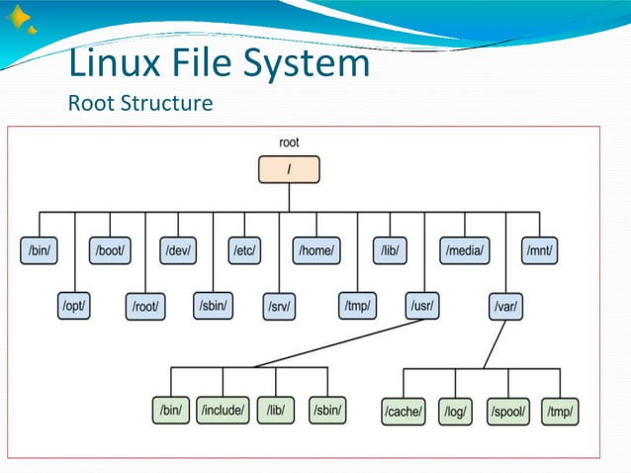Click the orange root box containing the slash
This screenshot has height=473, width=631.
coord(289,169)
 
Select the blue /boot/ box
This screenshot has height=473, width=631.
coord(110,251)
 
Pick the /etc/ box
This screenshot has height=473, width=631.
coord(244,251)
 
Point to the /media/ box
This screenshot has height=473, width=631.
coord(465,251)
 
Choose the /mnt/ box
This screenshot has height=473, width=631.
coord(540,251)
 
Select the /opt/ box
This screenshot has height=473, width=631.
coord(74,307)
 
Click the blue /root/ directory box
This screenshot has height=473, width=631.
coord(146,308)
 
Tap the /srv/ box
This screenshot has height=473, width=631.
coord(279,308)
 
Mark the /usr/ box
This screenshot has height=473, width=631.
coord(423,307)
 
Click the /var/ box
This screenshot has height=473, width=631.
coord(506,308)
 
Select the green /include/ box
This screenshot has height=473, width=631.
coord(223,409)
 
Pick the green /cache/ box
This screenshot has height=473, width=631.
coord(403,411)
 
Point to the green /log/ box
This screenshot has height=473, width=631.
coord(456,411)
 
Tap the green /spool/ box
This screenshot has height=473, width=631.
coord(508,411)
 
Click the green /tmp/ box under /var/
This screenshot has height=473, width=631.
coord(561,411)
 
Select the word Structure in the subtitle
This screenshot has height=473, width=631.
coord(168,103)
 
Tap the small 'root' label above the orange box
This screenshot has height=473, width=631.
coord(289,142)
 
